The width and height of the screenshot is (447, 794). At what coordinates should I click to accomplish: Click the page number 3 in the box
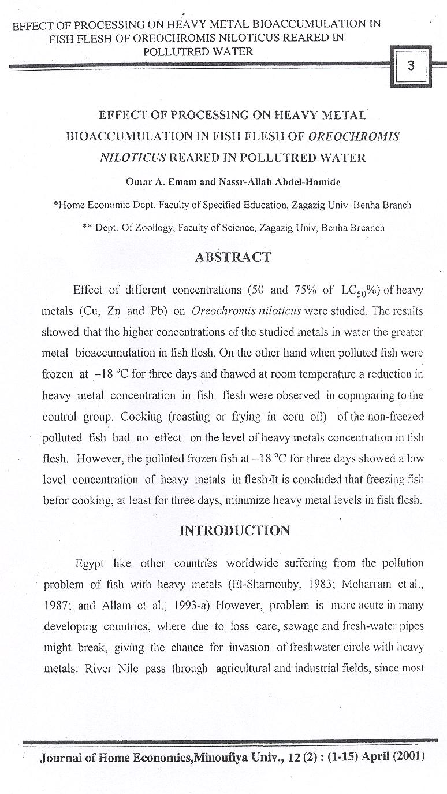coord(411,66)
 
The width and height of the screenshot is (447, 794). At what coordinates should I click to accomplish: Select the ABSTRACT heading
coord(233,258)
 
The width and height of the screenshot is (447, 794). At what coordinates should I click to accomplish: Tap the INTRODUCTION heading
coord(234,530)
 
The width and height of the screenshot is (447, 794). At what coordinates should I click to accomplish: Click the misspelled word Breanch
coord(362,228)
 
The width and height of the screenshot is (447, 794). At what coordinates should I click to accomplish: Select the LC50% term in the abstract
coord(356,290)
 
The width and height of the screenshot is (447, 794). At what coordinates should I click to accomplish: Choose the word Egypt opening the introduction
coord(90,563)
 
